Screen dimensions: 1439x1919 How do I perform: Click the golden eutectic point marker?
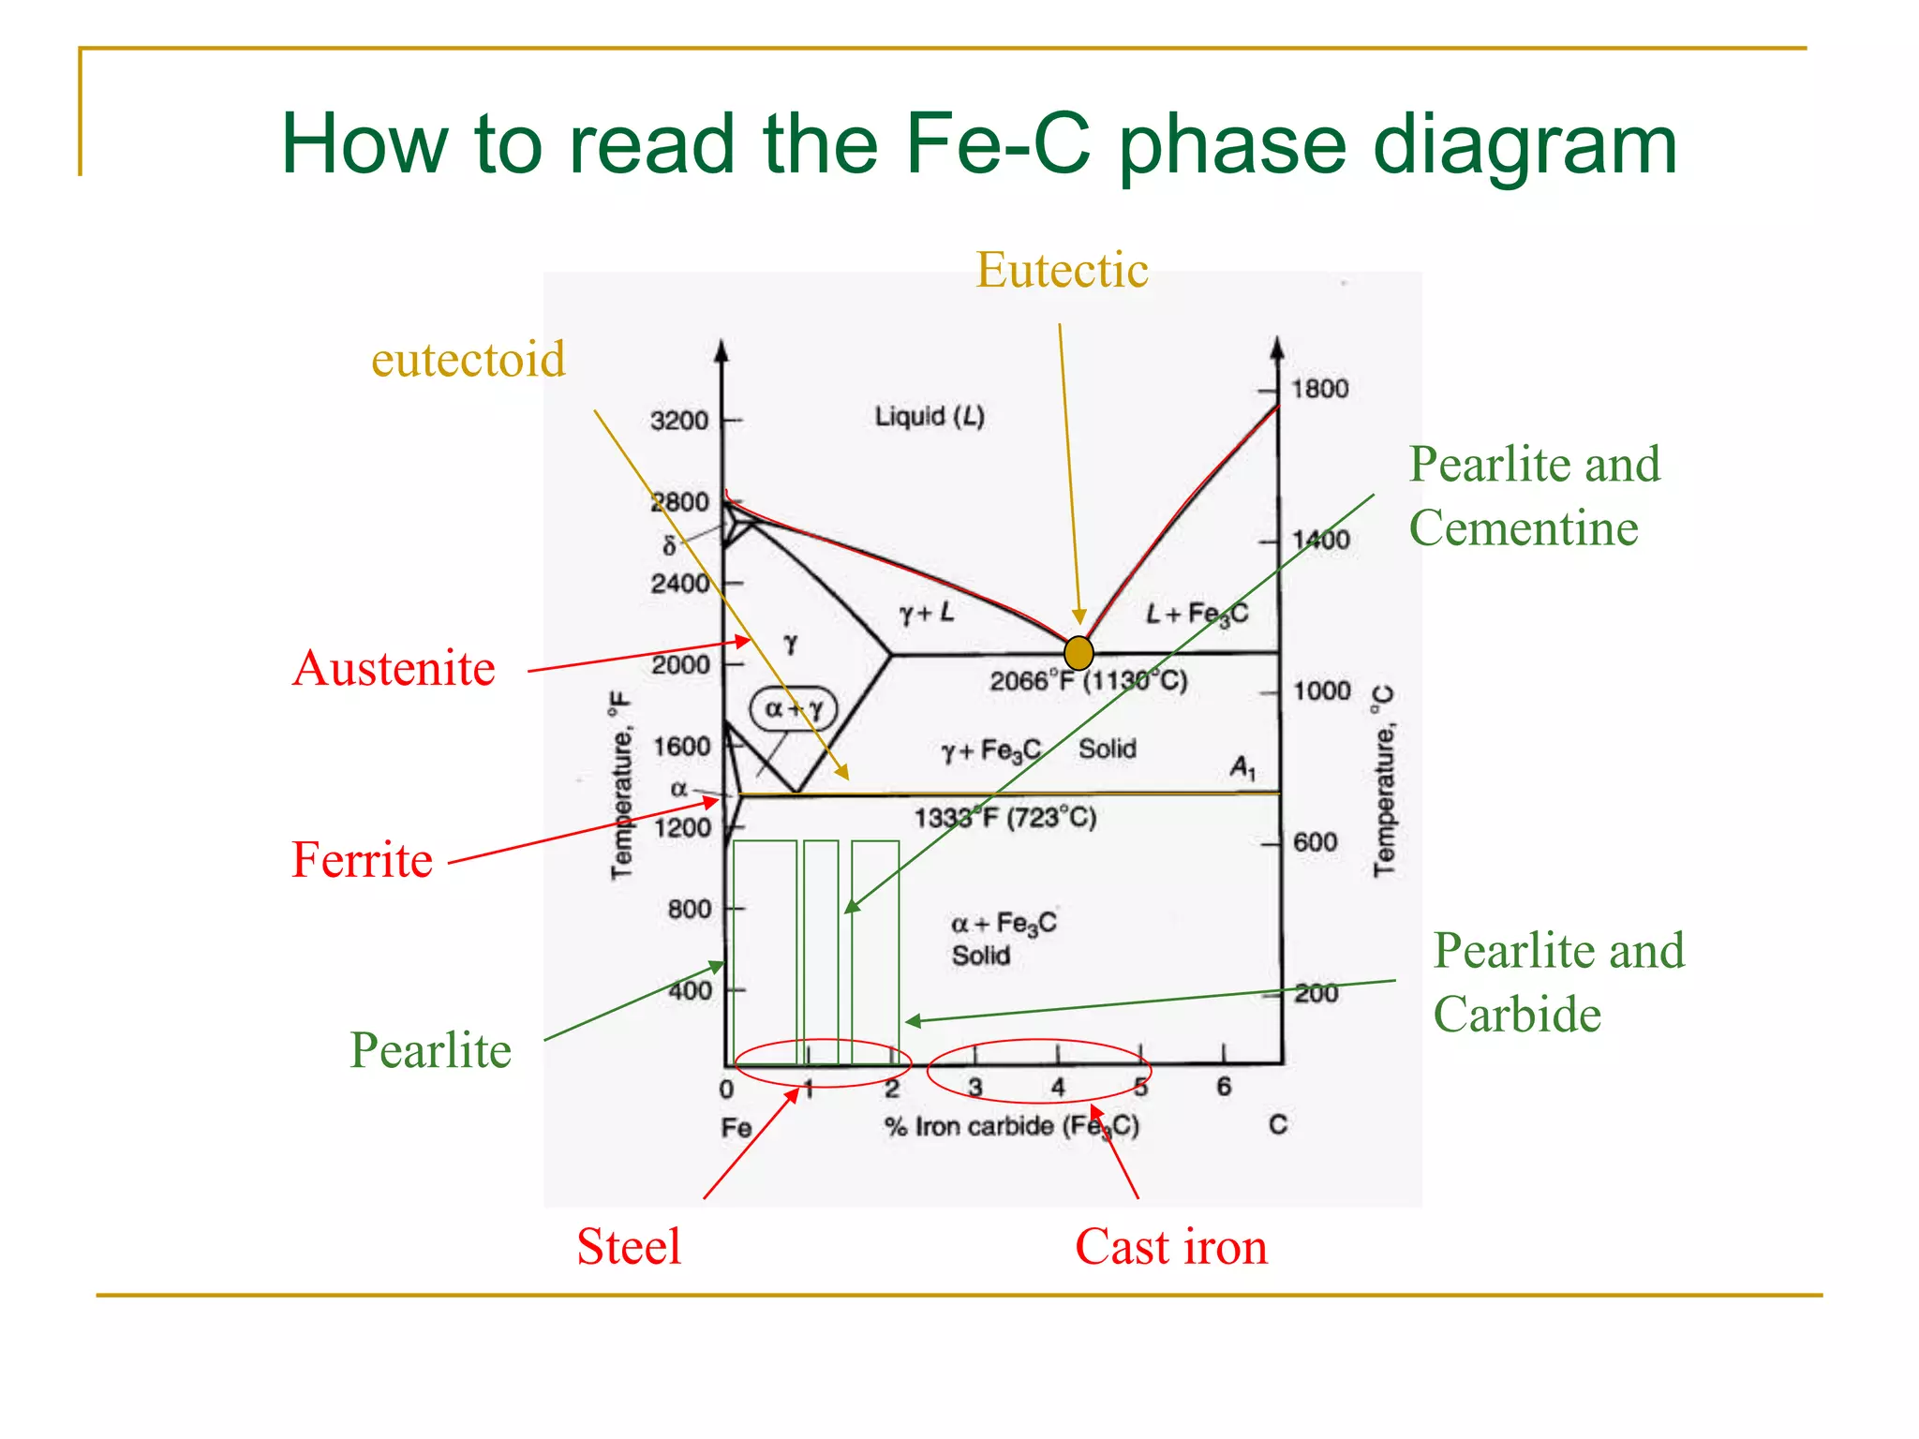pyautogui.click(x=1079, y=652)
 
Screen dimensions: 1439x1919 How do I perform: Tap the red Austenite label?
pyautogui.click(x=394, y=669)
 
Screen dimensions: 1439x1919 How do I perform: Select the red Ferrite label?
pyautogui.click(x=362, y=860)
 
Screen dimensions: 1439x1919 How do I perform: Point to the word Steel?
pyautogui.click(x=629, y=1247)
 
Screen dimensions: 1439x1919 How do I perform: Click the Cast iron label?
pyautogui.click(x=1171, y=1247)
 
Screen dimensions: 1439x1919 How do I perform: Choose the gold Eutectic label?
pyautogui.click(x=1062, y=271)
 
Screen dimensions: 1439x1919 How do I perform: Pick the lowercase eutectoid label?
pyautogui.click(x=469, y=360)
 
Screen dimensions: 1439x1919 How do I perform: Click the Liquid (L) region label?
pyautogui.click(x=930, y=417)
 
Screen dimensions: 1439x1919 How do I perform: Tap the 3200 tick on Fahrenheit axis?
pyautogui.click(x=680, y=421)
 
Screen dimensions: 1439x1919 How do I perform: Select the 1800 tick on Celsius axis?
pyautogui.click(x=1319, y=389)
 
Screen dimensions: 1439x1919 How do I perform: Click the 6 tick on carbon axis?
pyautogui.click(x=1224, y=1087)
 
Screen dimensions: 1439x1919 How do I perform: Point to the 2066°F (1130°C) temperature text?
pyautogui.click(x=1089, y=680)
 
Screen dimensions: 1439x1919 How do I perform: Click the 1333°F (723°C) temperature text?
pyautogui.click(x=1005, y=818)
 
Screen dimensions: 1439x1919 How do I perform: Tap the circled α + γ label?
pyautogui.click(x=794, y=709)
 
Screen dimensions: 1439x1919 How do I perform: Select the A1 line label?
pyautogui.click(x=1242, y=769)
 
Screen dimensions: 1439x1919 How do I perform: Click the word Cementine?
pyautogui.click(x=1524, y=528)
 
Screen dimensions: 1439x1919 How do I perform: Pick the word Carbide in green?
pyautogui.click(x=1517, y=1015)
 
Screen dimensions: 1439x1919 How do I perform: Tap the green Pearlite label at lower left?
pyautogui.click(x=430, y=1050)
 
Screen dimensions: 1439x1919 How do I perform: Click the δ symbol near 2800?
pyautogui.click(x=669, y=546)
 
